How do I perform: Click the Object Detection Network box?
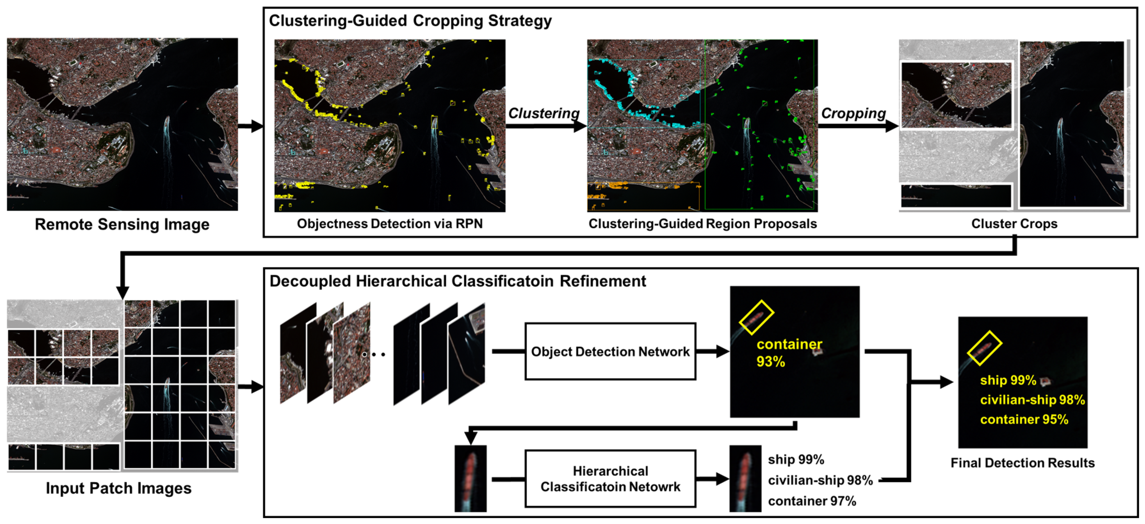tap(610, 352)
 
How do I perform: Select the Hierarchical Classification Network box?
tap(610, 479)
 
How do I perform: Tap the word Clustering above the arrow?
tap(543, 113)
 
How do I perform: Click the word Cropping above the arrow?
tap(853, 113)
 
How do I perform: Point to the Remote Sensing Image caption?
tap(122, 224)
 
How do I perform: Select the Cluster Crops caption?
tap(1014, 224)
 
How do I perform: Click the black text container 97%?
tap(812, 501)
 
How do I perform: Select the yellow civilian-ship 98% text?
tap(1032, 400)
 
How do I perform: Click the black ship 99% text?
tap(796, 459)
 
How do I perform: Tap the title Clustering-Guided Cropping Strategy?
tap(410, 21)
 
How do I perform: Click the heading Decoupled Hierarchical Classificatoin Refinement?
tap(458, 281)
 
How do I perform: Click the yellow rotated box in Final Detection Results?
tap(984, 348)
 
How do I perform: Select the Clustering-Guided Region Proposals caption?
tap(702, 224)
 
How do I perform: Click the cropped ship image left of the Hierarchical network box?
tap(470, 479)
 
